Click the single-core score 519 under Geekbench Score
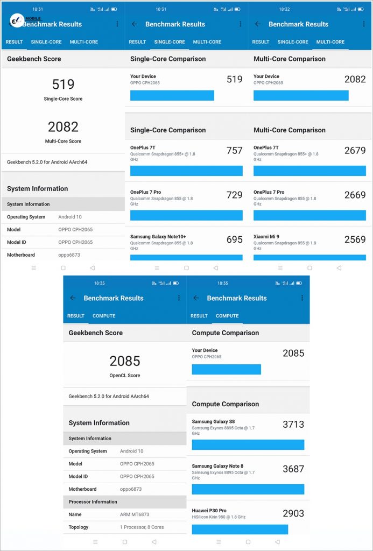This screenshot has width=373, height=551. click(63, 84)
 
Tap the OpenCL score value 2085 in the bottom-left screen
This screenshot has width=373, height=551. click(125, 361)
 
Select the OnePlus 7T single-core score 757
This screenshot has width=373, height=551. click(234, 151)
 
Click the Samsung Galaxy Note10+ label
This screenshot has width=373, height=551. click(158, 237)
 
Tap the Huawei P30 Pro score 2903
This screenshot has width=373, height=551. click(293, 513)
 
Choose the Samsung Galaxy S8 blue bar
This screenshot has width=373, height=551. click(248, 444)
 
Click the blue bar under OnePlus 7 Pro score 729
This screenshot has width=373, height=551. click(186, 215)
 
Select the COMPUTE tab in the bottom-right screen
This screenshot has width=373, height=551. click(227, 316)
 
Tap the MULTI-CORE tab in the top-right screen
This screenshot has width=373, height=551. click(330, 42)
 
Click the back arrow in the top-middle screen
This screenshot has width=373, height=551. click(135, 24)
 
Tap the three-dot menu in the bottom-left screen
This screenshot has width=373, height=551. click(179, 298)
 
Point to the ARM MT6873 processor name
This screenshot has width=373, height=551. click(135, 514)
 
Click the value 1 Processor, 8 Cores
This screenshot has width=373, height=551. click(142, 527)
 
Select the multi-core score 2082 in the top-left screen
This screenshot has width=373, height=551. click(63, 127)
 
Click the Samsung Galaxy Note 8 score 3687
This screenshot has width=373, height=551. click(293, 469)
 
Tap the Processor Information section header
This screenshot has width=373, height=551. click(93, 501)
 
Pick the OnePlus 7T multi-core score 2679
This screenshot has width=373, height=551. click(355, 151)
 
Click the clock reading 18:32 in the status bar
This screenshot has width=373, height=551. click(284, 9)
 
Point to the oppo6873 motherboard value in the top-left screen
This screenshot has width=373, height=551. click(69, 255)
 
